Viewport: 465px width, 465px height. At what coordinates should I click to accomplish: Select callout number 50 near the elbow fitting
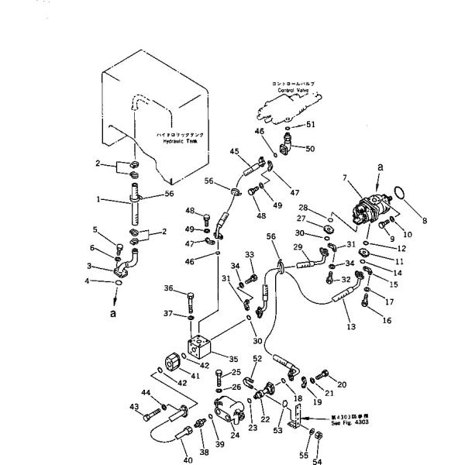pos(310,148)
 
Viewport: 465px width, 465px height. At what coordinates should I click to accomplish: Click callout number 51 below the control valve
pos(310,124)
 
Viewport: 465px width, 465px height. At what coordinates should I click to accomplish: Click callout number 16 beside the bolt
pos(387,319)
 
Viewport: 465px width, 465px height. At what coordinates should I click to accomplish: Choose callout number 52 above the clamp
pos(257,360)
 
